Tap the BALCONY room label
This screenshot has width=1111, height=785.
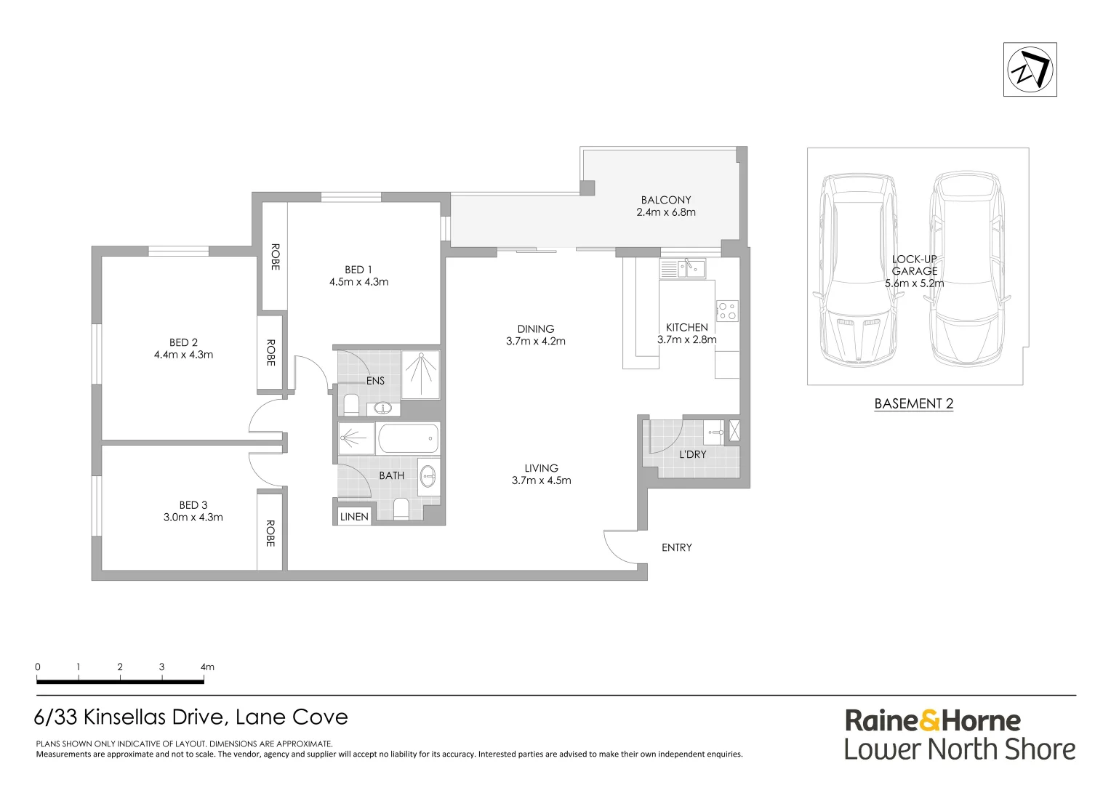[x=665, y=201]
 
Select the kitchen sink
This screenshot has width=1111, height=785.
[x=683, y=268]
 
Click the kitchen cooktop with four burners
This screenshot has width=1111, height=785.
[x=727, y=311]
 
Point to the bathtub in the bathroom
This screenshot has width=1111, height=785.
[x=408, y=438]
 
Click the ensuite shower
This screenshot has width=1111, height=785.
[x=420, y=375]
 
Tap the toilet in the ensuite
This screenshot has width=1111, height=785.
[x=351, y=405]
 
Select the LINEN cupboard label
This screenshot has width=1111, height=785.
[x=354, y=517]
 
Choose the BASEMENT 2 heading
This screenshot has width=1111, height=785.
[x=914, y=403]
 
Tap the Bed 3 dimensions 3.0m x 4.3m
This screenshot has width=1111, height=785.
[x=193, y=518]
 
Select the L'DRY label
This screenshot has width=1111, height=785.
[x=692, y=454]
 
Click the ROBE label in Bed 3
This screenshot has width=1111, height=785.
[x=270, y=534]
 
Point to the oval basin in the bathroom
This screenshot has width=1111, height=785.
[x=428, y=477]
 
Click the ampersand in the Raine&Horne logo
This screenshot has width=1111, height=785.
[x=931, y=721]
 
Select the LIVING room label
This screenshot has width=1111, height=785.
[x=541, y=468]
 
